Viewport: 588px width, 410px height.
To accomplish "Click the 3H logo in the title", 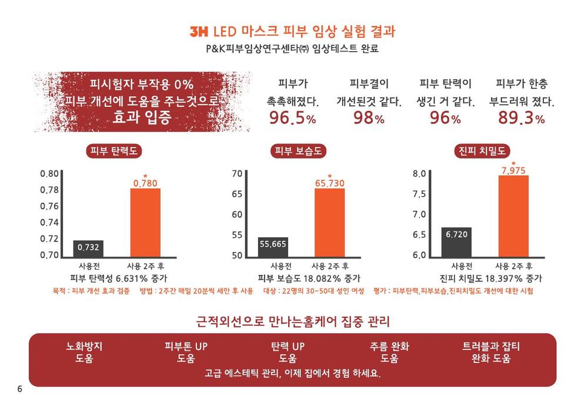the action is pos(199,32).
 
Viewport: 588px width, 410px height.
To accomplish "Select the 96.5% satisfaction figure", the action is pos(292,118).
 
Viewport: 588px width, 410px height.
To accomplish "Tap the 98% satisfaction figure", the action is pos(369,118).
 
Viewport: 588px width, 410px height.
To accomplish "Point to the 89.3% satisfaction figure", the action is pos(521,118).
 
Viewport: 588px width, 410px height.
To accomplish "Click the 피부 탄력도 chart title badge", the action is pos(114,151).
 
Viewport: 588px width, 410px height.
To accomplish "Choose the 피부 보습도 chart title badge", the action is pos(298,151).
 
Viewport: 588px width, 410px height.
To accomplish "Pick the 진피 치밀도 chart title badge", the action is pos(482,151).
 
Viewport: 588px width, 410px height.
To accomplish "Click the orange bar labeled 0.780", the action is pos(145,223).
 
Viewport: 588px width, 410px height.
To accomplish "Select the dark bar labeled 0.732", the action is pos(89,249).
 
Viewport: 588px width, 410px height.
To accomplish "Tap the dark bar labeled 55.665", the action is pos(273,247).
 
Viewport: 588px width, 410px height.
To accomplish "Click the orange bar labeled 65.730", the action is pos(330,223).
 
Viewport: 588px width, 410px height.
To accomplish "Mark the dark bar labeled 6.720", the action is pos(456,242).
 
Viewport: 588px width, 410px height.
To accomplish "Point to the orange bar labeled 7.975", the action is pos(513,216).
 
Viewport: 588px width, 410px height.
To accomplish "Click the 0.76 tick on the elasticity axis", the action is pos(49,206).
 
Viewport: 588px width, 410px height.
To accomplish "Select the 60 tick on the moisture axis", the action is pos(237,214).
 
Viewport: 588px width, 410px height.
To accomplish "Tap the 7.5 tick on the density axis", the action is pos(419,194).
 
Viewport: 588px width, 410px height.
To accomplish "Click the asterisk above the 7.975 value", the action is pos(513,163).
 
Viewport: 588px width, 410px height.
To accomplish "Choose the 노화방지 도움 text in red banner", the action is pos(84,352).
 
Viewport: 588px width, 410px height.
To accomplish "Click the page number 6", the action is pos(20,389).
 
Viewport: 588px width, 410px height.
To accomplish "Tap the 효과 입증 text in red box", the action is pos(142,117).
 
